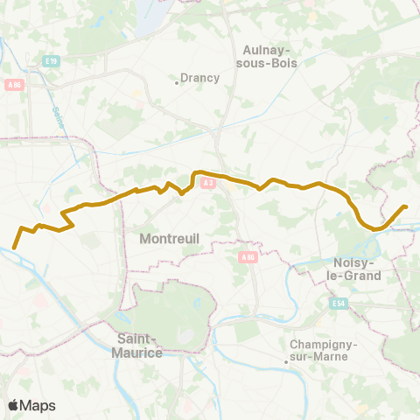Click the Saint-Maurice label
pos(140,346)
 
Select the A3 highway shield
pos(208,183)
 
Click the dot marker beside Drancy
pos(178,83)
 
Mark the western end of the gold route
pos(14,248)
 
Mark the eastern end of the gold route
pos(405,206)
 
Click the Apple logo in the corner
pos(13,405)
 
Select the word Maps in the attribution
pos(38,405)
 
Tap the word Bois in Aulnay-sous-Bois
pos(284,63)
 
